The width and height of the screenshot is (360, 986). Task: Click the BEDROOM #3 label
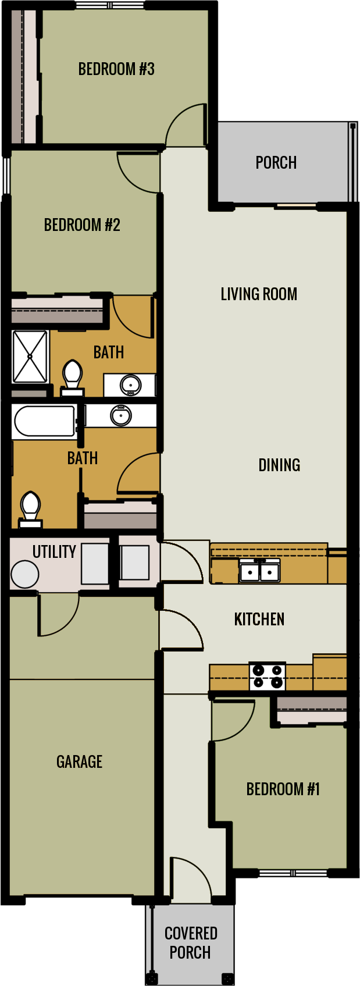click(x=116, y=69)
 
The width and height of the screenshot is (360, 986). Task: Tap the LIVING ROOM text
click(x=259, y=294)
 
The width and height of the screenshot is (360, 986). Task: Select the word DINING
click(x=279, y=465)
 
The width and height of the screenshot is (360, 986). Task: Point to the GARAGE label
click(x=79, y=761)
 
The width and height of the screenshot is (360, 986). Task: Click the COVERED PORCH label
click(x=191, y=942)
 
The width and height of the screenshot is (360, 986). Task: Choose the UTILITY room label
click(x=54, y=551)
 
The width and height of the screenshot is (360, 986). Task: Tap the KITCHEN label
click(x=259, y=619)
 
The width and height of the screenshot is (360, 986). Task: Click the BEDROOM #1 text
click(x=283, y=789)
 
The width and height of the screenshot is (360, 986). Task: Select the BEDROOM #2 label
click(x=82, y=225)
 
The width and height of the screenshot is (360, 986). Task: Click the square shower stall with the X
click(x=30, y=357)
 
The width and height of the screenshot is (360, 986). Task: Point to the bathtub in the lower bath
click(x=44, y=421)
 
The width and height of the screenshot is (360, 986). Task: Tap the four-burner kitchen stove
click(x=268, y=677)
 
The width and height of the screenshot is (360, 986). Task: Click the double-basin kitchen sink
click(x=259, y=571)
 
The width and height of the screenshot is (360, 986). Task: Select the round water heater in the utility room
click(x=24, y=575)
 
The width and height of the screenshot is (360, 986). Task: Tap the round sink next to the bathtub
click(x=121, y=415)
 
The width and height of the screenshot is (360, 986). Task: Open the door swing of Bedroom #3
click(x=186, y=126)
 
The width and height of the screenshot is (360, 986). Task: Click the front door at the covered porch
click(x=190, y=878)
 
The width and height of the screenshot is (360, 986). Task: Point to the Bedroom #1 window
click(x=293, y=873)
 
